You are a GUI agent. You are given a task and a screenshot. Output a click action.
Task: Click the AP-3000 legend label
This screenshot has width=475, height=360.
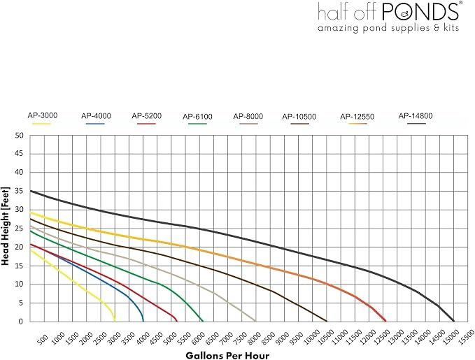pyautogui.click(x=43, y=115)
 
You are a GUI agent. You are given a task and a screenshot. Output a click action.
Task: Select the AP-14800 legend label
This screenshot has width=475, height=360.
pyautogui.click(x=416, y=115)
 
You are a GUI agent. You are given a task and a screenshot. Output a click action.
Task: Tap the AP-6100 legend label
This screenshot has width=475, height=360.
pyautogui.click(x=197, y=117)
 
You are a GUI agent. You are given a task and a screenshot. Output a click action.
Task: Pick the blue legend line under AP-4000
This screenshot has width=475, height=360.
pyautogui.click(x=95, y=124)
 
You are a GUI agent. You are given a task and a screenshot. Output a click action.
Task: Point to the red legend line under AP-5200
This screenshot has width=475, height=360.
pyautogui.click(x=146, y=124)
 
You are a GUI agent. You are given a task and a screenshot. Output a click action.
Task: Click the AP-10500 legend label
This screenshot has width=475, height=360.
pyautogui.click(x=299, y=117)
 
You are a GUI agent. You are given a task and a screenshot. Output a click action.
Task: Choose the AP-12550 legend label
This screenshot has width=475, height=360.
pyautogui.click(x=357, y=117)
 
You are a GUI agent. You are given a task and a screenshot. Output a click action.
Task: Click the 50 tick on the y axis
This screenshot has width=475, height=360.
pyautogui.click(x=19, y=136)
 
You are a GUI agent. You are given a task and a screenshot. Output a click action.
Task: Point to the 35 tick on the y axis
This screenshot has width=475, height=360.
pyautogui.click(x=19, y=191)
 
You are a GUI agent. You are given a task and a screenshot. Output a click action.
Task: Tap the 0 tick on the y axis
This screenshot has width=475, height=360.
pyautogui.click(x=20, y=322)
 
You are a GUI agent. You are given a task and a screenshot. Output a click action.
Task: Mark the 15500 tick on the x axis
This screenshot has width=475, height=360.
pyautogui.click(x=466, y=338)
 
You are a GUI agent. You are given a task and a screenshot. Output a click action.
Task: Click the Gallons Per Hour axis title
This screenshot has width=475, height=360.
pyautogui.click(x=227, y=355)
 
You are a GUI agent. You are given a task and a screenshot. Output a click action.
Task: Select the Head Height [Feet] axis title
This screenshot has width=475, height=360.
pyautogui.click(x=6, y=226)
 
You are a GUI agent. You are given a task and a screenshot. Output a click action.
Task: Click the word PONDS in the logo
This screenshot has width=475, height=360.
pyautogui.click(x=420, y=11)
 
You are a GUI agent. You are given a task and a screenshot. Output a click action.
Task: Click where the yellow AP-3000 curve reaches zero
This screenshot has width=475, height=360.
pyautogui.click(x=115, y=321)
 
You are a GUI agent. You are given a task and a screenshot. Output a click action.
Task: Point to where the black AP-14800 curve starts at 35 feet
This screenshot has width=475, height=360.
pyautogui.click(x=30, y=191)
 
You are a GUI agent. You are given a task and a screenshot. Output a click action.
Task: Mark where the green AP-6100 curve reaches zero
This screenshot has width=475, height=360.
pyautogui.click(x=203, y=321)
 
